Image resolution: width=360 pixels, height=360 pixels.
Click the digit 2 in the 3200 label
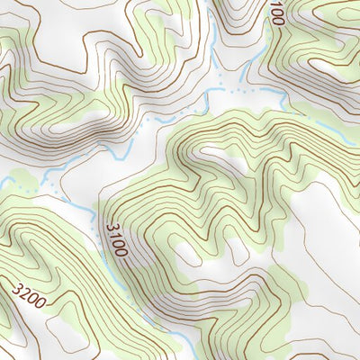click(25, 293)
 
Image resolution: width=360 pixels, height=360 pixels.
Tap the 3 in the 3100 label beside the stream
click(111, 227)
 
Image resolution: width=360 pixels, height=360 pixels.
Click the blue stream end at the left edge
click(3, 179)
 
